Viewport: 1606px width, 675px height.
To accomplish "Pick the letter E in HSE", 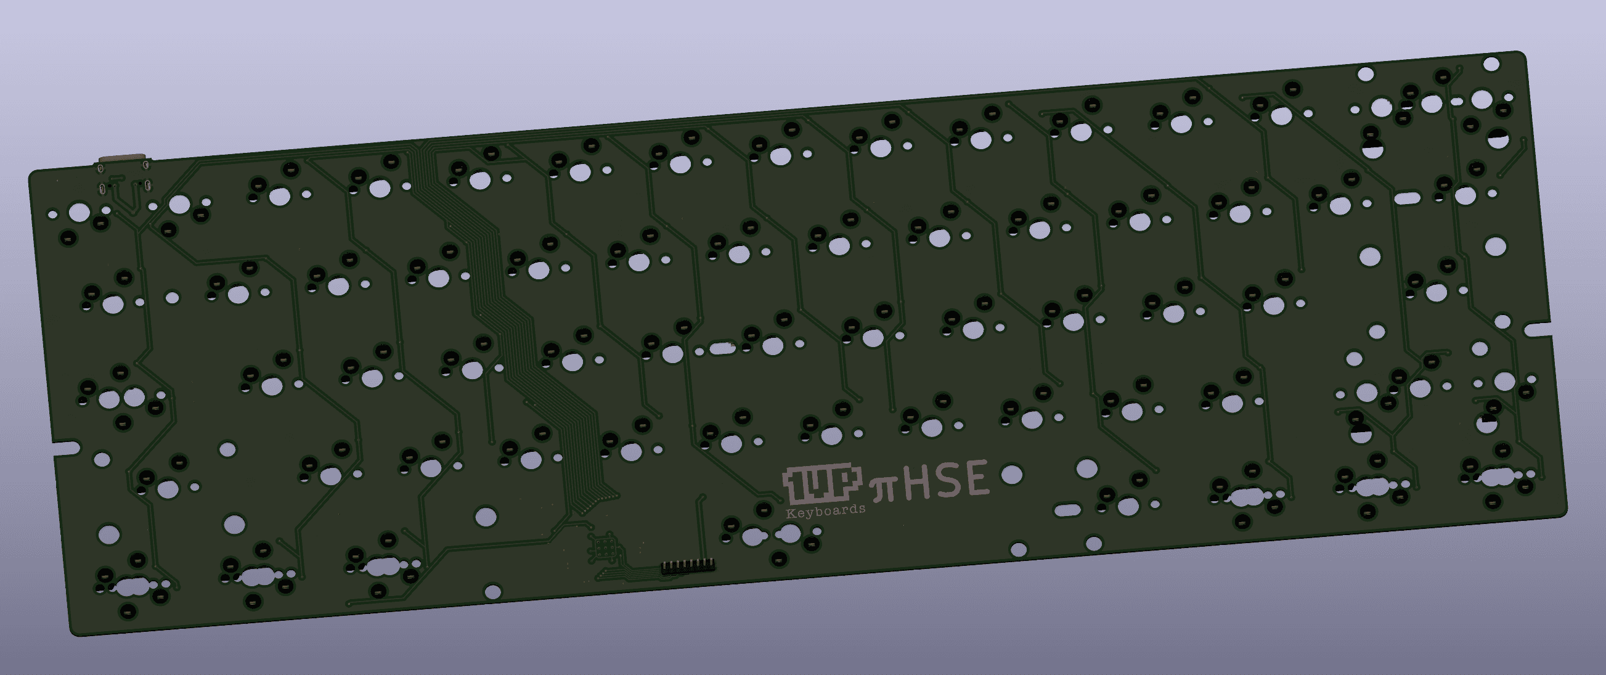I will (x=976, y=477).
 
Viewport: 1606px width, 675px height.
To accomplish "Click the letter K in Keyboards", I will (x=790, y=514).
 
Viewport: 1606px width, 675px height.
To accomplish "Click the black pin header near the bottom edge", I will (x=688, y=565).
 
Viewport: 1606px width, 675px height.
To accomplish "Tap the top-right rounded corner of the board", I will (x=1521, y=56).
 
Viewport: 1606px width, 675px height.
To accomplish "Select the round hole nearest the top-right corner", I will (x=1491, y=63).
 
